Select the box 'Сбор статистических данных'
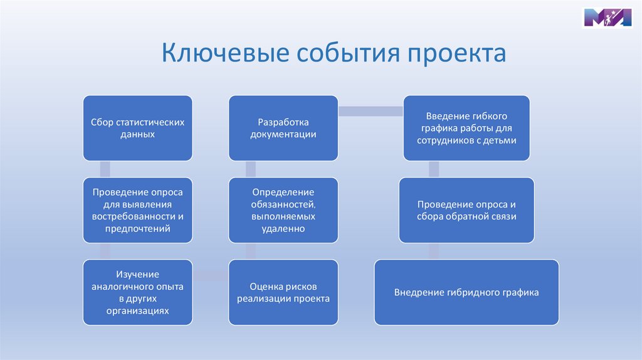[137, 128]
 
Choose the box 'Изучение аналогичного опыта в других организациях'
[137, 292]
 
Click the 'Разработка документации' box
[283, 128]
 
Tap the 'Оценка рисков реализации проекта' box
[283, 292]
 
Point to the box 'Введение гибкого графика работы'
[466, 128]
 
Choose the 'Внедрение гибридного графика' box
[466, 292]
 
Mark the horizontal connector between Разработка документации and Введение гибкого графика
[370, 112]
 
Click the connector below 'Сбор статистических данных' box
[105, 169]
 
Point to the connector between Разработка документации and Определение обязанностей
[251, 169]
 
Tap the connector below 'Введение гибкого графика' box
[433, 169]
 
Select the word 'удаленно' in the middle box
[283, 230]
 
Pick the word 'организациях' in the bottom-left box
[137, 310]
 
